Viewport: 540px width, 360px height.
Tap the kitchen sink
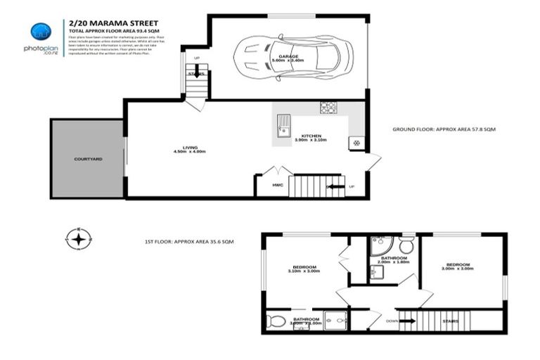coord(283,127)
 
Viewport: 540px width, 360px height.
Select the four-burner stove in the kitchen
coord(328,108)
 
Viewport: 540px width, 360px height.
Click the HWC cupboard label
coord(268,185)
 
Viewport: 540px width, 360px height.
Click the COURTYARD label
coord(89,160)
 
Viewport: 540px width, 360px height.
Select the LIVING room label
coord(181,147)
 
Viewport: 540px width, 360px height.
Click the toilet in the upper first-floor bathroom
coord(406,247)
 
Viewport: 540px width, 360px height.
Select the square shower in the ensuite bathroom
coord(335,321)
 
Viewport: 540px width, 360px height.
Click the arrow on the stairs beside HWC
coord(335,187)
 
